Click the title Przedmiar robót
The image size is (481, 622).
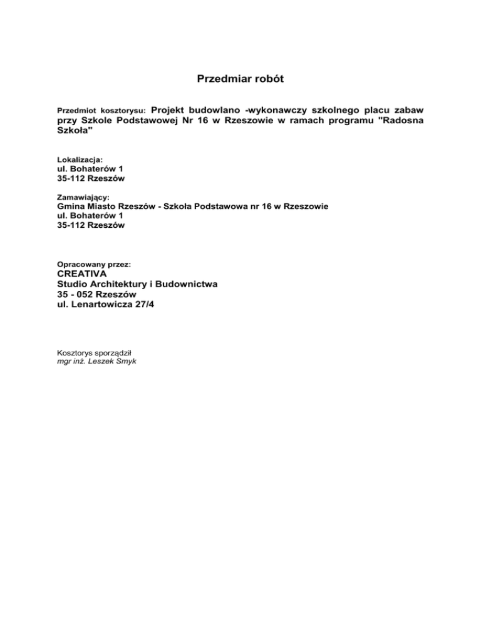pyautogui.click(x=240, y=79)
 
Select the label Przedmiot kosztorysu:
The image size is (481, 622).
pyautogui.click(x=101, y=110)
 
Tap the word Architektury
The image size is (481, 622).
pyautogui.click(x=116, y=284)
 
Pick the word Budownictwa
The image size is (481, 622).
pyautogui.click(x=185, y=284)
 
